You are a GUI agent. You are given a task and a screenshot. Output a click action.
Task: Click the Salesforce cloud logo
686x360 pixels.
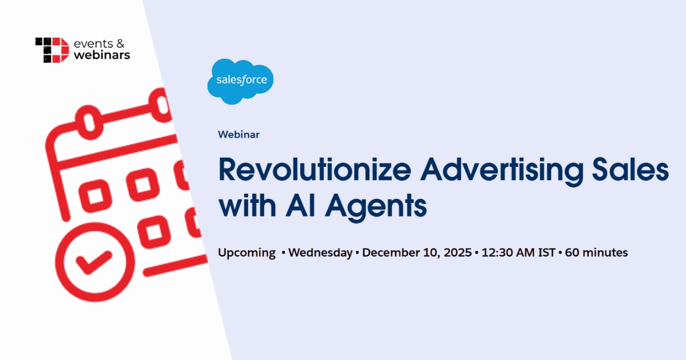241,82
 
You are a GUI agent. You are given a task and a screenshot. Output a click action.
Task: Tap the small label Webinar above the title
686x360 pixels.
238,135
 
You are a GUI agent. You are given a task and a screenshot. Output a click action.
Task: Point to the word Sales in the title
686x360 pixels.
633,170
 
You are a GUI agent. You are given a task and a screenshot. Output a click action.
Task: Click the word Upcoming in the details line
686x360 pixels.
246,253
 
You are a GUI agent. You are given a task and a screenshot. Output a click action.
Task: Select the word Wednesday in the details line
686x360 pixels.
320,253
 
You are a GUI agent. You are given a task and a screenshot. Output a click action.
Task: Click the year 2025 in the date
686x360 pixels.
456,253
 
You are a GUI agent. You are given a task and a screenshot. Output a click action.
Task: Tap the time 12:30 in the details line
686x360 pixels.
496,253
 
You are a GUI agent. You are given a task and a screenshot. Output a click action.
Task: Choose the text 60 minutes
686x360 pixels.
596,253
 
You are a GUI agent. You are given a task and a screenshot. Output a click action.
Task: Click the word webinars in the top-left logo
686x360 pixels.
102,55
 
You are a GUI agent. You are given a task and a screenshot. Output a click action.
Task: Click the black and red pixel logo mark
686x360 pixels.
52,50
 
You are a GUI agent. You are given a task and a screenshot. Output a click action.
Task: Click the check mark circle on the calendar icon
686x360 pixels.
91,263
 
